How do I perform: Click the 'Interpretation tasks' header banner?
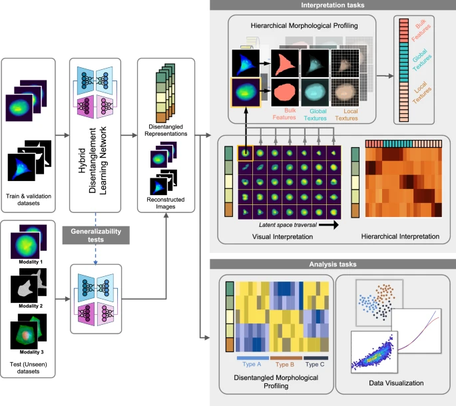pos(332,6)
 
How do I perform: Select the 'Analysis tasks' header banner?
pos(332,264)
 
